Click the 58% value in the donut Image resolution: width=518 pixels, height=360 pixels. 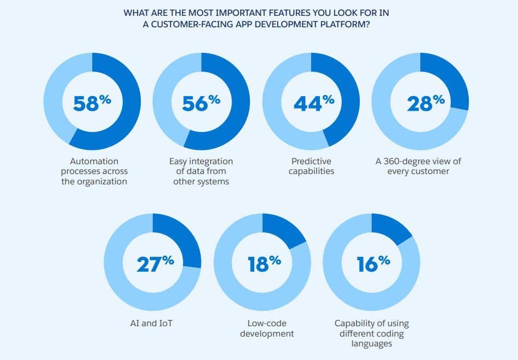point(92,103)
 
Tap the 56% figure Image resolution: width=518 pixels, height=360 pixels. point(201,103)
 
